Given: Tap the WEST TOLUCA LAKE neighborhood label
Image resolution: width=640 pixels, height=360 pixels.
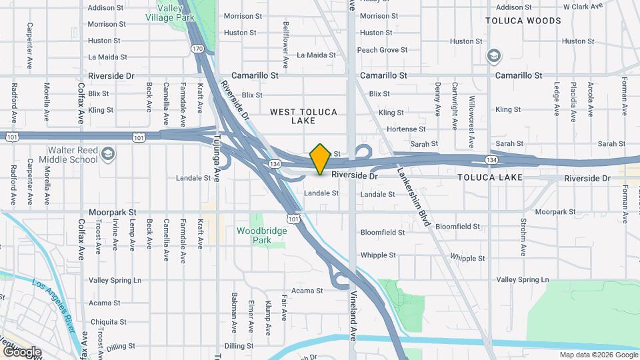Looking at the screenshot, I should [x=303, y=116].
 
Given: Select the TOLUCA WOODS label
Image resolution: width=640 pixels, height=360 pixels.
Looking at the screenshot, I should [x=523, y=21].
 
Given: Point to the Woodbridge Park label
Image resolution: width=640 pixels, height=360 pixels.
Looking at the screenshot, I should [x=257, y=235].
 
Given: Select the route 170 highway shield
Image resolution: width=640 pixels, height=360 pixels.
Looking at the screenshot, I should [x=197, y=49].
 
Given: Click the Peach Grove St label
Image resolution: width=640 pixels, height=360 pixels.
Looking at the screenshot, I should [x=382, y=50].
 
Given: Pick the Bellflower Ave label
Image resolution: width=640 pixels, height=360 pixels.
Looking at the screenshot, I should [x=285, y=43].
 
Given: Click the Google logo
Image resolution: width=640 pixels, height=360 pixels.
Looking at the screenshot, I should [x=21, y=351].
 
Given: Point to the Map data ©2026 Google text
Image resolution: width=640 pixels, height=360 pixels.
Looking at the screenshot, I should [x=598, y=355].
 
